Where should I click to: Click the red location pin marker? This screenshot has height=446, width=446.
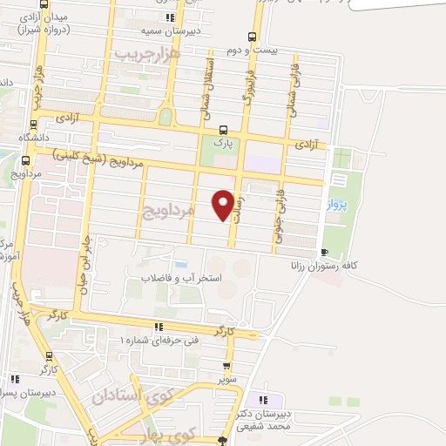224,204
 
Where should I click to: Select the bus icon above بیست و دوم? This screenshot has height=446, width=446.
252,37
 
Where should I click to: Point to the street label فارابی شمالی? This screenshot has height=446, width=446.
294,84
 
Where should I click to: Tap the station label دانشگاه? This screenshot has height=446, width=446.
42,137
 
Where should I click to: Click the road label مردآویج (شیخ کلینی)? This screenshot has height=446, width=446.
91,158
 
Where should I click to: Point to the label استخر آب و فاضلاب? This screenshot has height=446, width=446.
182,279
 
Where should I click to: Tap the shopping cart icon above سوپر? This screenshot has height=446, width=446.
227,367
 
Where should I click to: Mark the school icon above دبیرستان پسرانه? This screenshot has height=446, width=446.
15,378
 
